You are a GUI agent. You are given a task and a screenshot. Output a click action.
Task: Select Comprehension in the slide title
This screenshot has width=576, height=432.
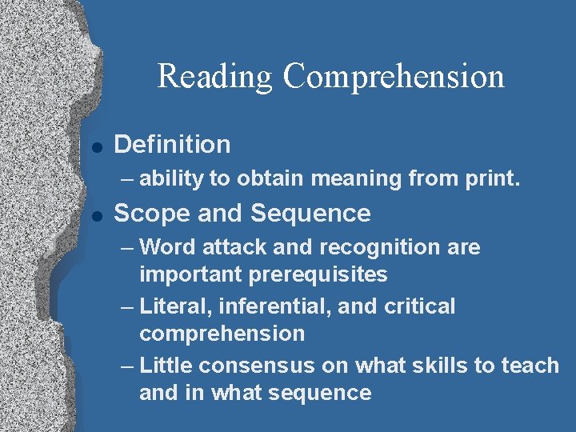[x=394, y=77]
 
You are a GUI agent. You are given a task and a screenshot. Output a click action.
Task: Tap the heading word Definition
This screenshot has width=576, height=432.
[x=172, y=145]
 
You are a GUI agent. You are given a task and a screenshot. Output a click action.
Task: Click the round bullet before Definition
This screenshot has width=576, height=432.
[x=96, y=146]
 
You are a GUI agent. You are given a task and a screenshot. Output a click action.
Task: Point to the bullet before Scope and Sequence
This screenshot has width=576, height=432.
[x=96, y=215]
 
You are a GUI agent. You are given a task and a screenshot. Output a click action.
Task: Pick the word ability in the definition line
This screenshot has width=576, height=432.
[x=171, y=179]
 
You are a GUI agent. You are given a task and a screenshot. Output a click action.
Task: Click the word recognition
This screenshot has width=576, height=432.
[x=376, y=247]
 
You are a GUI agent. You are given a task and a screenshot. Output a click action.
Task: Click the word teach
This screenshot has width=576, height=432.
[x=530, y=366]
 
